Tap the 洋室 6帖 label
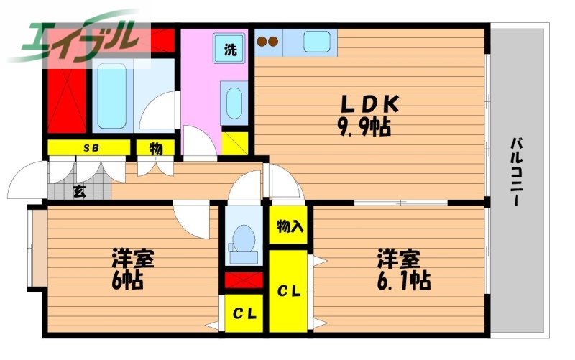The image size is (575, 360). [132, 268]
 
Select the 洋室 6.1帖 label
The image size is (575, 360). [402, 269]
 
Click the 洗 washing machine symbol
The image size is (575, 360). [230, 50]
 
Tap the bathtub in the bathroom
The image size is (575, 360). [112, 96]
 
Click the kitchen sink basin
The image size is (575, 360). [316, 42]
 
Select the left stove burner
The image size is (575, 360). [262, 42]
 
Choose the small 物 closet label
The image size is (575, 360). [156, 149]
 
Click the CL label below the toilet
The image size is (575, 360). [243, 314]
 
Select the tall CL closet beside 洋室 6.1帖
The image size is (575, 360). [289, 291]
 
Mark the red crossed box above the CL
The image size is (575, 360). [244, 280]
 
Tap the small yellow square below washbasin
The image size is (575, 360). [234, 142]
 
